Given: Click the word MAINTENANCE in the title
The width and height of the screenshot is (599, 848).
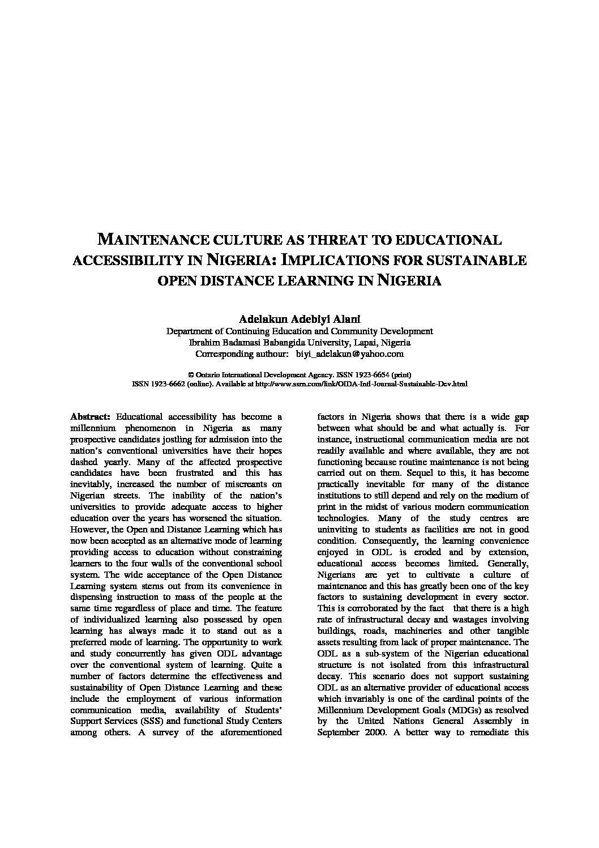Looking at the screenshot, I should [148, 239].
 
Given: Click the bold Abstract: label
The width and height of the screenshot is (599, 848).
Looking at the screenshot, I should [91, 416].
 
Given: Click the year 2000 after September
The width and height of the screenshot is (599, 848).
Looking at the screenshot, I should [374, 732].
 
